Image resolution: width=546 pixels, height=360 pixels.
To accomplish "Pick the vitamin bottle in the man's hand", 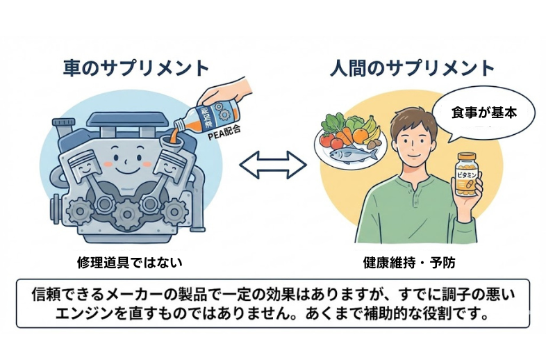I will point(467,176).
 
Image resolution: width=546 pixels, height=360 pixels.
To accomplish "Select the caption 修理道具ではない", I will point(130,263).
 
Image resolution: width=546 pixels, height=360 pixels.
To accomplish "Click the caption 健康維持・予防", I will point(409,263).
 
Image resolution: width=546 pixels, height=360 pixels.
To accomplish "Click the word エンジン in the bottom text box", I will point(85,312).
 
